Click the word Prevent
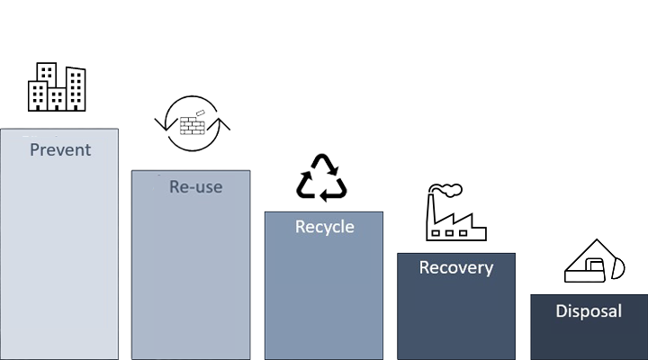pyautogui.click(x=60, y=149)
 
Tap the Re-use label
pyautogui.click(x=195, y=187)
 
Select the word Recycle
pyautogui.click(x=325, y=227)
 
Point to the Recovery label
pyautogui.click(x=456, y=267)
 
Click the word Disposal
pyautogui.click(x=589, y=311)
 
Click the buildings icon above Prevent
pyautogui.click(x=57, y=86)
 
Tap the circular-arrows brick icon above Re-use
pyautogui.click(x=193, y=123)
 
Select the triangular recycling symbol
pyautogui.click(x=321, y=177)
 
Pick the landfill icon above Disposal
pyautogui.click(x=593, y=262)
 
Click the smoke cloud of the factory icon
pyautogui.click(x=447, y=190)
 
